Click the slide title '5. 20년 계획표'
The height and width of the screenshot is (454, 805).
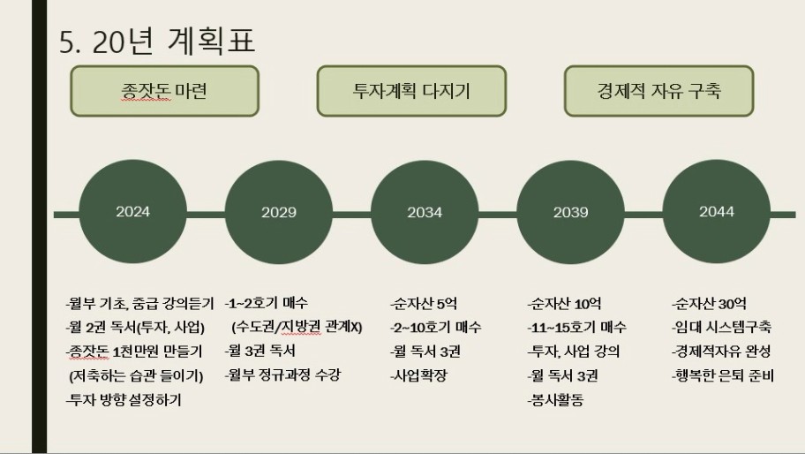(x=157, y=42)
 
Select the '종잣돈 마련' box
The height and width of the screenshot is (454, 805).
(x=164, y=91)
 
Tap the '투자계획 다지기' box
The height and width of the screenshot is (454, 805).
(x=411, y=91)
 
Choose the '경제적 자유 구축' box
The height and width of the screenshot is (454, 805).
(x=658, y=91)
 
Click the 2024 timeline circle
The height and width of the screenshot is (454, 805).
(x=133, y=212)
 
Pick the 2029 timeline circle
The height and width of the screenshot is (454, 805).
(x=279, y=212)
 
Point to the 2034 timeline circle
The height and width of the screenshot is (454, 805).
(x=425, y=212)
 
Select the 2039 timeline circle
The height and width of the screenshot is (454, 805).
(x=570, y=212)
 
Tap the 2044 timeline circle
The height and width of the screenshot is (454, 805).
(x=716, y=212)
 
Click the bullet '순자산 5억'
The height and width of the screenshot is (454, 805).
(x=424, y=304)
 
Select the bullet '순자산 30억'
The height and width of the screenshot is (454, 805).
(x=709, y=304)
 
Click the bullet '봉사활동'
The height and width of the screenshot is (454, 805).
(x=555, y=399)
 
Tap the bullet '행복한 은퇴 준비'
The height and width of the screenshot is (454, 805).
(x=723, y=375)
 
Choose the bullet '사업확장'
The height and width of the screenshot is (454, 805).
(x=418, y=375)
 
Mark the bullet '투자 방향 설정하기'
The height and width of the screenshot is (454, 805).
(x=124, y=399)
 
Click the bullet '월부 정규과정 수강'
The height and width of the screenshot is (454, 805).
(x=282, y=375)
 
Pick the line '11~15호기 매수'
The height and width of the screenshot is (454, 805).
(x=577, y=327)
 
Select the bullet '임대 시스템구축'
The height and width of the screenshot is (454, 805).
(x=722, y=327)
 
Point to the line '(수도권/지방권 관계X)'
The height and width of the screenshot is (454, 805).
(x=297, y=327)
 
